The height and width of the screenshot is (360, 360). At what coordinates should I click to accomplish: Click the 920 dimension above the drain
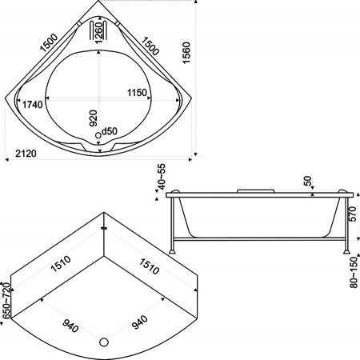[x=93, y=119]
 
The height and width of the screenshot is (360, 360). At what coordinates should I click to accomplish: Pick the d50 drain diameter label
[x=110, y=131]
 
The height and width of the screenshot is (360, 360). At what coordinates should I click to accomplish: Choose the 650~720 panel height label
[x=6, y=299]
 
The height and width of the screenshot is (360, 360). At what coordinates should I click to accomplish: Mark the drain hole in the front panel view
[x=103, y=342]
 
